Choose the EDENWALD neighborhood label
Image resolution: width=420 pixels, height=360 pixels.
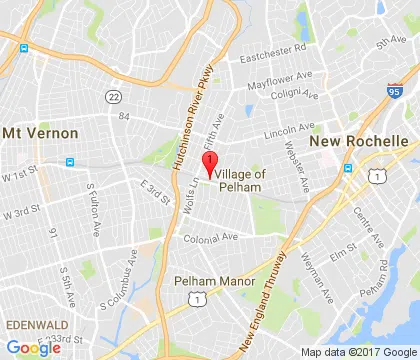click(x=34, y=326)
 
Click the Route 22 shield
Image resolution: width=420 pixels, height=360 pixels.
click(x=114, y=95)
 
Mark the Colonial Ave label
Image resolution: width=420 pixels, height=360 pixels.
click(x=210, y=237)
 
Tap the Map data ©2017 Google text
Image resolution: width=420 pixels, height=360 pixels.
click(x=355, y=352)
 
